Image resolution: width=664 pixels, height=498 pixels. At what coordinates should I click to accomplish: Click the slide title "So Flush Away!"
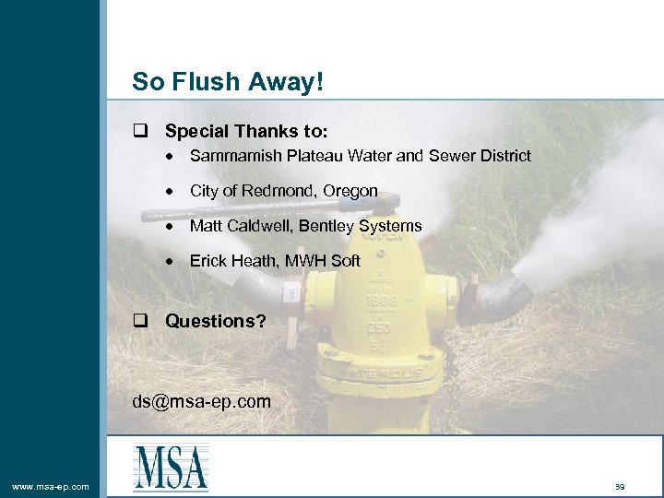(228, 81)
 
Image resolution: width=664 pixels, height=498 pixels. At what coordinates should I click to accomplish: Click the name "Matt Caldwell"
(238, 226)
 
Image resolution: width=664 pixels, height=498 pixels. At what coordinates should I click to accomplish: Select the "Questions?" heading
(215, 321)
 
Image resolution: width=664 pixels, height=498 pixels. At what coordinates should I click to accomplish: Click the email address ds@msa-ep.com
(201, 401)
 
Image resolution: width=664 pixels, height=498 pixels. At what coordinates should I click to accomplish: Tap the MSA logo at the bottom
(171, 467)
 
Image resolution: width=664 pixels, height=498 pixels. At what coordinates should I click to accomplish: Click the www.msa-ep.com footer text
(51, 486)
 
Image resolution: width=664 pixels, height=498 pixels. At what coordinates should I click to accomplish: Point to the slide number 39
(619, 486)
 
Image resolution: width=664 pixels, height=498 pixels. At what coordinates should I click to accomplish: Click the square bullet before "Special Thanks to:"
(140, 132)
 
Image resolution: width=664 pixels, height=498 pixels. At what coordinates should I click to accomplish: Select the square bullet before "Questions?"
(140, 321)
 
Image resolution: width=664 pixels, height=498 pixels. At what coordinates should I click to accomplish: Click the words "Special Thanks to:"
(246, 132)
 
